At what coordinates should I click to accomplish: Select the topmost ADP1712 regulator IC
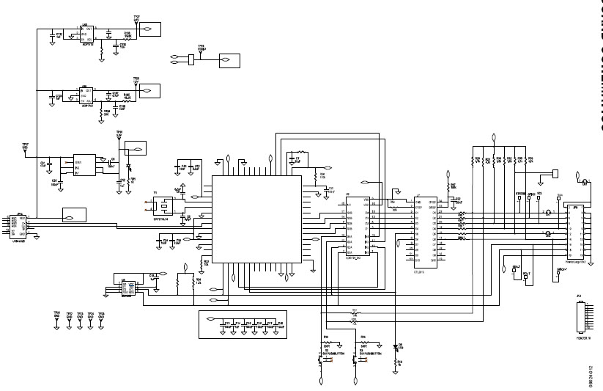coord(88,32)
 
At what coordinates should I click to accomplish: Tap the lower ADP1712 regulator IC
coord(88,95)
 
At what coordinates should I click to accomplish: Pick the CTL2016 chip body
coord(425,230)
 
